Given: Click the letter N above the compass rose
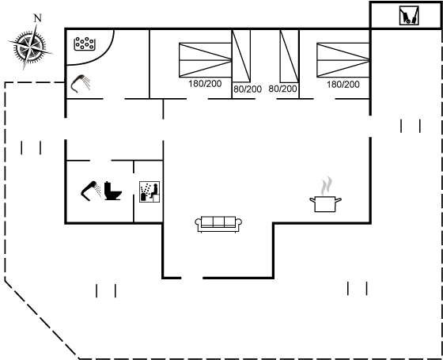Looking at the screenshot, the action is pyautogui.click(x=38, y=18).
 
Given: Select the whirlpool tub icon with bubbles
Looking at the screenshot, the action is pyautogui.click(x=84, y=44).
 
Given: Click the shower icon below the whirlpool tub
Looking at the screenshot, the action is pyautogui.click(x=80, y=83).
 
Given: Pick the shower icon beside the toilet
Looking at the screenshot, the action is pyautogui.click(x=91, y=191).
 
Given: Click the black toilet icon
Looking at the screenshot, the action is pyautogui.click(x=112, y=191).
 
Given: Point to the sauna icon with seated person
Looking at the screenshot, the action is pyautogui.click(x=150, y=191).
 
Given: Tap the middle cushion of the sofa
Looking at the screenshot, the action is pyautogui.click(x=218, y=222).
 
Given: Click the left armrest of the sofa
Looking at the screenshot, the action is pyautogui.click(x=198, y=222).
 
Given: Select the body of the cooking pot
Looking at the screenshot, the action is pyautogui.click(x=325, y=204).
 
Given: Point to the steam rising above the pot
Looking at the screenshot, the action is pyautogui.click(x=326, y=186).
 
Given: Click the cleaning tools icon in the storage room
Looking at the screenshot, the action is pyautogui.click(x=409, y=16).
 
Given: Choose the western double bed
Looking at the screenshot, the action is pyautogui.click(x=206, y=60).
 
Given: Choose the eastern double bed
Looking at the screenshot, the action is pyautogui.click(x=343, y=60).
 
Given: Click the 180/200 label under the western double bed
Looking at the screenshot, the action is pyautogui.click(x=205, y=84).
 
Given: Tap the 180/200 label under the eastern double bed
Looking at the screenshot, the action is pyautogui.click(x=343, y=84).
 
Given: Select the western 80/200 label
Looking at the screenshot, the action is pyautogui.click(x=248, y=89).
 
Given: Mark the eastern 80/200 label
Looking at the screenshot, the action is pyautogui.click(x=282, y=89).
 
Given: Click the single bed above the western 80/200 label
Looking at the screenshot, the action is pyautogui.click(x=241, y=56).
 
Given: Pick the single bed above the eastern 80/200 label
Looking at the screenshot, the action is pyautogui.click(x=290, y=56).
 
